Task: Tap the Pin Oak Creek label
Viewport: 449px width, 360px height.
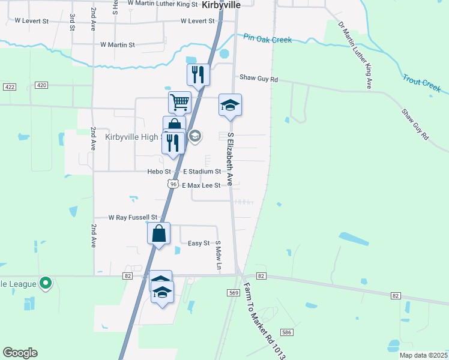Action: (268, 39)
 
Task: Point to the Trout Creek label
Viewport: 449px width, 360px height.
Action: (422, 83)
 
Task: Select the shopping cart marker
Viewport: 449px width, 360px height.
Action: (179, 103)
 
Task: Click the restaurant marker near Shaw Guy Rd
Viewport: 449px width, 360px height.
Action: (198, 75)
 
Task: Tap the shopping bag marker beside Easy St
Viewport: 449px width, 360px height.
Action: (159, 233)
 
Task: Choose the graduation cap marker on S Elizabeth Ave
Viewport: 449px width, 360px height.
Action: (231, 106)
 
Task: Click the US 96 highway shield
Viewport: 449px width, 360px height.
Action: (173, 184)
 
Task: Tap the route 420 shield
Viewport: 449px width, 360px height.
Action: (41, 85)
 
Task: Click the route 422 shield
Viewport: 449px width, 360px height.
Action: (9, 87)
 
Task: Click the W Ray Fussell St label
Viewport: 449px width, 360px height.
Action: (133, 217)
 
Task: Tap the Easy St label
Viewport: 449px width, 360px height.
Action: (199, 243)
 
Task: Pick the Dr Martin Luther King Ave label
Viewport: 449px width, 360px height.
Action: (355, 56)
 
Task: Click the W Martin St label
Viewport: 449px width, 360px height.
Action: (118, 44)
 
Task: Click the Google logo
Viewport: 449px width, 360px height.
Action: (20, 353)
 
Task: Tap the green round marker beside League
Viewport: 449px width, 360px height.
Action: (45, 283)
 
